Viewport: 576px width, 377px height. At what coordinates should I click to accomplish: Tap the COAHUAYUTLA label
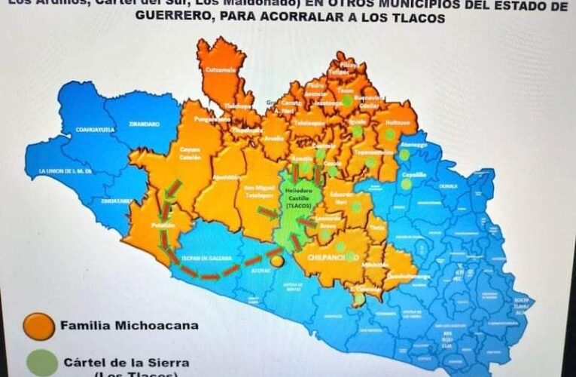point(94,129)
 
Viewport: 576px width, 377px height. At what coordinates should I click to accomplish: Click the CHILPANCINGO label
point(329,256)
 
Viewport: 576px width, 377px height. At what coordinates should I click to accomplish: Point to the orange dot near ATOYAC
point(277,261)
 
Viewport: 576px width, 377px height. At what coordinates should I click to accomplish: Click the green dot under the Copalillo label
point(407,183)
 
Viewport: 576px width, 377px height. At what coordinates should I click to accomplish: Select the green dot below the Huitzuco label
point(389,134)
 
